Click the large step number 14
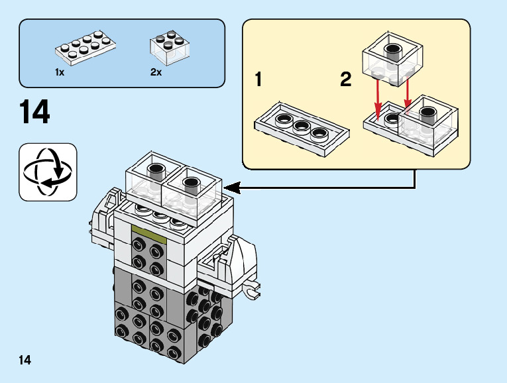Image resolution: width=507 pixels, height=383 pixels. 35,113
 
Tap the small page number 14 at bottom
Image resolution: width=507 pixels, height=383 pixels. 25,360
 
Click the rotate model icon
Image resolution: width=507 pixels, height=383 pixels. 48,172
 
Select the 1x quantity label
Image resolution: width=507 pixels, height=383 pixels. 60,72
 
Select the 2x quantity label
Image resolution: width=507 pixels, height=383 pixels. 156,72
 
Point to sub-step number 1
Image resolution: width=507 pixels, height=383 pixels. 258,81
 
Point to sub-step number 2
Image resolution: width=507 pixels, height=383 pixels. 345,81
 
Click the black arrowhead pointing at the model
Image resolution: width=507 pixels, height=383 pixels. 234,189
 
